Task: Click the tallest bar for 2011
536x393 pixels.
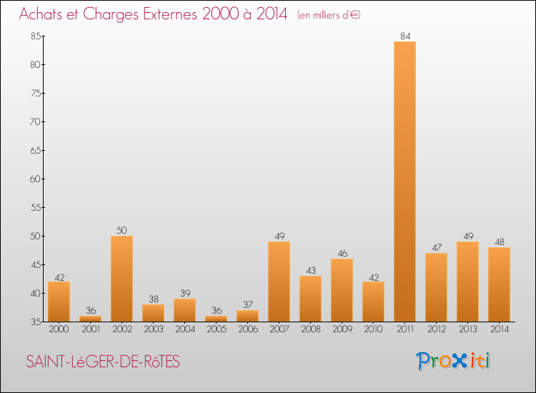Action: click(405, 181)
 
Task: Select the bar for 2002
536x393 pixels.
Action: click(121, 279)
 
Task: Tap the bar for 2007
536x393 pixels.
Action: click(279, 282)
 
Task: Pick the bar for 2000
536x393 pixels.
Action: click(59, 302)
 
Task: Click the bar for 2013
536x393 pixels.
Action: click(467, 282)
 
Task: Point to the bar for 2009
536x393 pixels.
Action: click(342, 290)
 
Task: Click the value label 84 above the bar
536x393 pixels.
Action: click(405, 36)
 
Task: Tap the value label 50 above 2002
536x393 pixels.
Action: click(121, 230)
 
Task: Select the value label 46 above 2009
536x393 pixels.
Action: click(342, 253)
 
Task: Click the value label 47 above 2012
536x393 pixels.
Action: click(436, 247)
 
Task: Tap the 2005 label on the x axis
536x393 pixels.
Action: click(216, 329)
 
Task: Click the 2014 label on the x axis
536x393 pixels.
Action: click(499, 329)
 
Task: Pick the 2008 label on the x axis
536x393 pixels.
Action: click(310, 329)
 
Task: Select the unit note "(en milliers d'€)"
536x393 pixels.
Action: click(328, 15)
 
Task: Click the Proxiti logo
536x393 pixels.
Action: click(454, 361)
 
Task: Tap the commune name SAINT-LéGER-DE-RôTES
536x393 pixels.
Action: click(103, 362)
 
